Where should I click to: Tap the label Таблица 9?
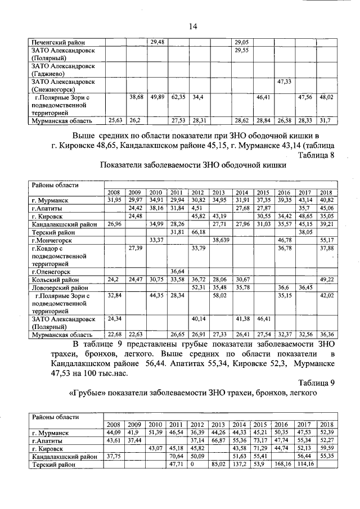pos(316,382)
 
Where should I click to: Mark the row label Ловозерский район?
pos(60,287)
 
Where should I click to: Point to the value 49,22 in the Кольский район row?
pos(327,279)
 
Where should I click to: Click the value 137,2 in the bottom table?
pos(241,465)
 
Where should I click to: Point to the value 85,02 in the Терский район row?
pos(219,465)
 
